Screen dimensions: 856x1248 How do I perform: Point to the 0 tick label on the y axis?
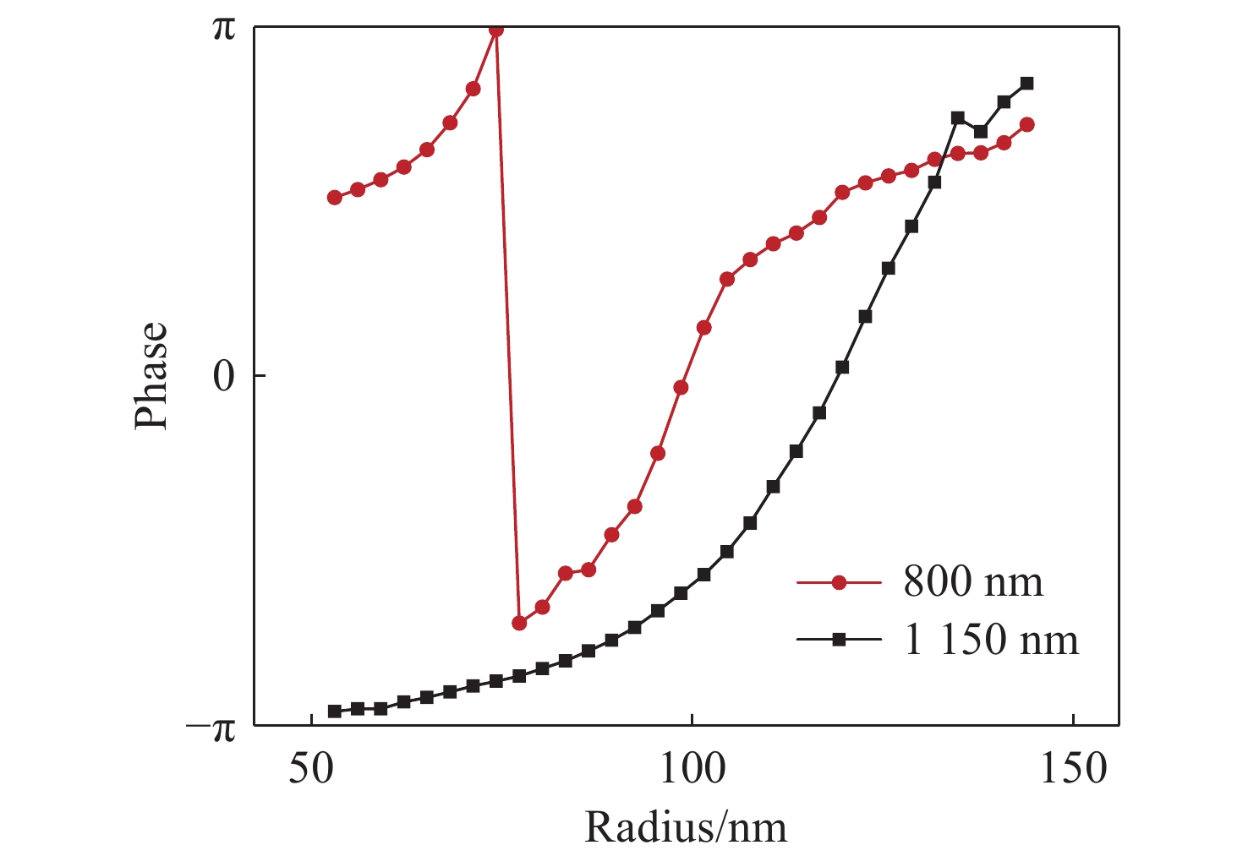tap(223, 376)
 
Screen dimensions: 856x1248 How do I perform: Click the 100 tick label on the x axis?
tap(692, 771)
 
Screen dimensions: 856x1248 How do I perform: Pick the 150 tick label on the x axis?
tap(1072, 771)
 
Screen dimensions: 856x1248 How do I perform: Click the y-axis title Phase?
tap(152, 374)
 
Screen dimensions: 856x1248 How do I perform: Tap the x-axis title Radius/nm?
tap(685, 827)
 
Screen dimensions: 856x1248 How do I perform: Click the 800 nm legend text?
tap(973, 582)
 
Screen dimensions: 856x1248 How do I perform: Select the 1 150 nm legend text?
tap(991, 640)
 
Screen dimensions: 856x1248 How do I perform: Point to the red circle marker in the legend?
tap(839, 582)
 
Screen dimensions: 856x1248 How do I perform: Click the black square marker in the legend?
tap(839, 640)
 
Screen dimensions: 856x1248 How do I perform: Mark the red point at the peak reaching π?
tap(496, 30)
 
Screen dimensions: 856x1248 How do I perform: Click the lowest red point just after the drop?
tap(519, 623)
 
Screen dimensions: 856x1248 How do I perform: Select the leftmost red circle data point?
tap(334, 197)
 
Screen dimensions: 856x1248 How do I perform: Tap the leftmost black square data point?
tap(334, 711)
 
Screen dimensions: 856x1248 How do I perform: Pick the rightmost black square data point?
tap(1026, 83)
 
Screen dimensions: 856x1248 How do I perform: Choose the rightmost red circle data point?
tap(1027, 124)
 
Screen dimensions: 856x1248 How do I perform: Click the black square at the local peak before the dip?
tap(957, 117)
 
